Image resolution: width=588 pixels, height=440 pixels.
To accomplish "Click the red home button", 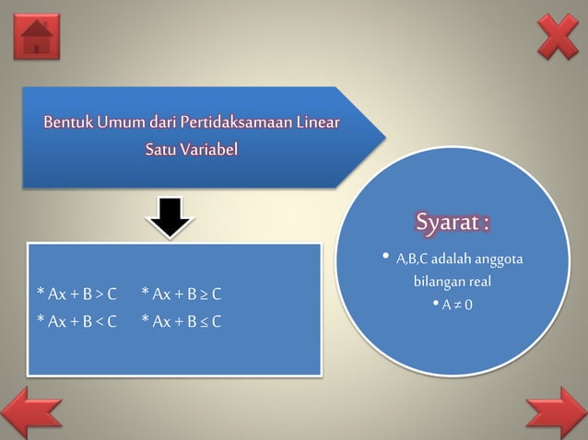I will pyautogui.click(x=37, y=37).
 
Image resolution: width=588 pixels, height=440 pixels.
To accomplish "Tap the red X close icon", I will pyautogui.click(x=558, y=37).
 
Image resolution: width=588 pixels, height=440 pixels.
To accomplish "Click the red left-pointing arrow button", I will pyautogui.click(x=31, y=412).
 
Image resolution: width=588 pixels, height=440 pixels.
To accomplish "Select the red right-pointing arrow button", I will pyautogui.click(x=556, y=412).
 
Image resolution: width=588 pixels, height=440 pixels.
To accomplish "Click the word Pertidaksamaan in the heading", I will pyautogui.click(x=229, y=122).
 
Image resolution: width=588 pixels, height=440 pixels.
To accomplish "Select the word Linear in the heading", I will pyautogui.click(x=317, y=122).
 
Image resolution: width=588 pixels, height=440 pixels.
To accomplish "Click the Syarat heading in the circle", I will pyautogui.click(x=452, y=224).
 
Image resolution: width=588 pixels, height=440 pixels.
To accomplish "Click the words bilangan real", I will pyautogui.click(x=452, y=282).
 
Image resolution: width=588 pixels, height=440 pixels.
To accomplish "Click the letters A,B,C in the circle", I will pyautogui.click(x=411, y=259).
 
